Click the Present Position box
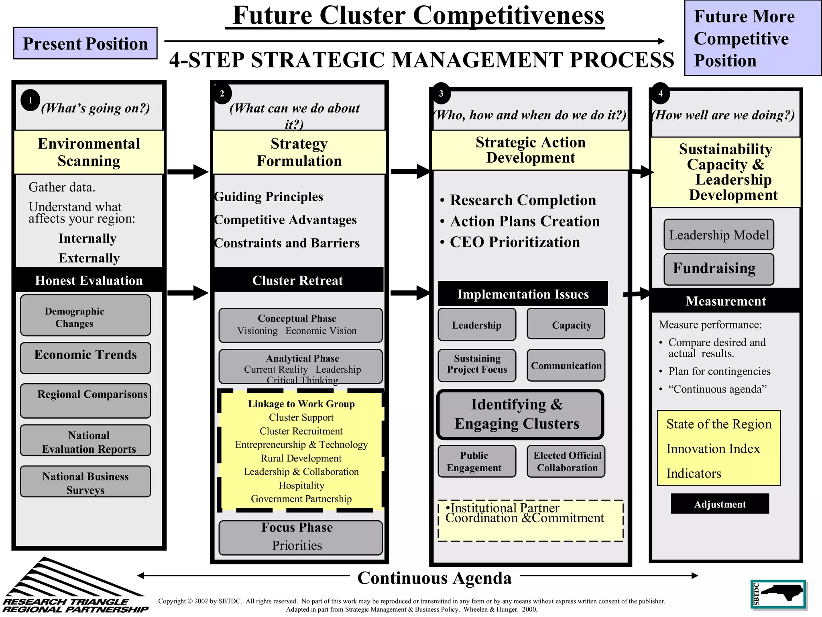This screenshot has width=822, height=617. [x=85, y=43]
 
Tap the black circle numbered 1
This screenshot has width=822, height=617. [x=30, y=100]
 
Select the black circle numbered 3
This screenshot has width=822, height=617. [x=441, y=94]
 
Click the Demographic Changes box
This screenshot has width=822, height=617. [x=85, y=315]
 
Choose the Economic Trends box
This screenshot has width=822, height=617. [x=85, y=358]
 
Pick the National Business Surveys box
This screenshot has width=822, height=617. [x=85, y=481]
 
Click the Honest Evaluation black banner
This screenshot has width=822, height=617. [x=89, y=280]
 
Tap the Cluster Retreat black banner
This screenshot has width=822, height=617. [x=297, y=280]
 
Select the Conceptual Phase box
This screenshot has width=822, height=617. [x=300, y=325]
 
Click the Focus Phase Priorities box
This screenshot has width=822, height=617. [x=300, y=537]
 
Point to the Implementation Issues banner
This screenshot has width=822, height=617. [x=523, y=294]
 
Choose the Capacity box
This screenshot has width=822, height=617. [x=566, y=324]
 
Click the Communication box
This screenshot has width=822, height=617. [x=566, y=365]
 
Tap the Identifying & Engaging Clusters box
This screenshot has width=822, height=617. [x=520, y=414]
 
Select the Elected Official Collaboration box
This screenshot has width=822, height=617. [x=566, y=461]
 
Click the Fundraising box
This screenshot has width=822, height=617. [x=718, y=269]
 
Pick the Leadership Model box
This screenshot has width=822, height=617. [x=718, y=235]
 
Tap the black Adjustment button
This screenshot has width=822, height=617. [x=720, y=504]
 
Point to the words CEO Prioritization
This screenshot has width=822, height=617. [x=515, y=242]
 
